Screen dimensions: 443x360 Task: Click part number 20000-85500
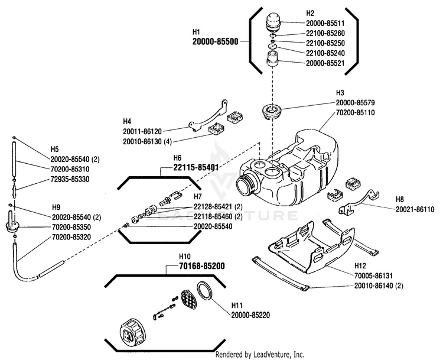(215, 41)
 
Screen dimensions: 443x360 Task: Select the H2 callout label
(310, 13)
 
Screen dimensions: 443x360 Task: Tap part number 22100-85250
(325, 43)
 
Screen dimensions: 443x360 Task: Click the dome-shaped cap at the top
(273, 22)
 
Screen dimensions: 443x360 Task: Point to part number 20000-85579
(356, 103)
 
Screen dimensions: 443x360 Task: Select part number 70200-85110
(356, 112)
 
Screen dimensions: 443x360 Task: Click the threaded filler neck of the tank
(245, 184)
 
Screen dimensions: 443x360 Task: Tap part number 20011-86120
(142, 131)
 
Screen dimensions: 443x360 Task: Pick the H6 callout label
(177, 158)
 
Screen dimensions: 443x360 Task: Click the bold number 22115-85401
(196, 168)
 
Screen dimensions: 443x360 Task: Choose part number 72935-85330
(70, 179)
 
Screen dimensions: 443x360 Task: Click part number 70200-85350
(71, 227)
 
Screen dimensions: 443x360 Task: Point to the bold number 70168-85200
(202, 266)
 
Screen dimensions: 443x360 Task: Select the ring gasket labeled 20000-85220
(206, 290)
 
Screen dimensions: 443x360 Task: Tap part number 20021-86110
(415, 209)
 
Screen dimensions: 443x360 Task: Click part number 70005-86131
(374, 275)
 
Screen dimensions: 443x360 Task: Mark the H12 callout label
(360, 266)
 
